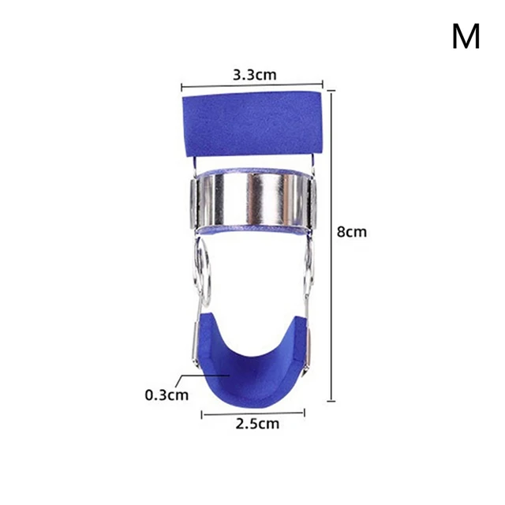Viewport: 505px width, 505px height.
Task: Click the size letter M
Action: (466, 36)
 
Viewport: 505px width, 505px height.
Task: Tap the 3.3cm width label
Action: (253, 75)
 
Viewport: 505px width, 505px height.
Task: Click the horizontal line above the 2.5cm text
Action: (253, 412)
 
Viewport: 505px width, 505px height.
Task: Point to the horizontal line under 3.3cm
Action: (252, 87)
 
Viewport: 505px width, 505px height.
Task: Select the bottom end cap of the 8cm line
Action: (331, 402)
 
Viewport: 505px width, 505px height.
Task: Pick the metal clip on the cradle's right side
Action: (310, 339)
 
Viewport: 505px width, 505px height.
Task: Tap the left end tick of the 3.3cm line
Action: (181, 87)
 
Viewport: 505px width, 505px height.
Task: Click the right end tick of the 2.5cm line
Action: (305, 412)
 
